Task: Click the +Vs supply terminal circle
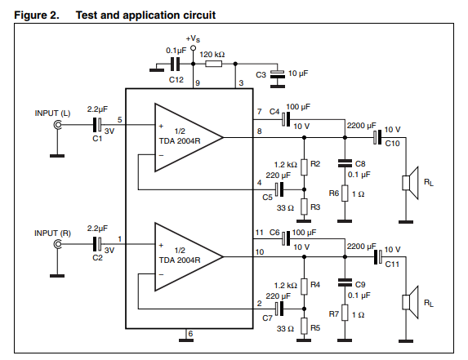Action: coord(193,47)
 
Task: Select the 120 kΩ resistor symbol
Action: coord(213,64)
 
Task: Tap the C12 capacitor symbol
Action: coord(176,64)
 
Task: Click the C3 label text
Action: coord(261,74)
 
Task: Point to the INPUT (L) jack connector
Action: coord(57,125)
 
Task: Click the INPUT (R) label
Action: coord(52,233)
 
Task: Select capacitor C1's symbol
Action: coord(97,125)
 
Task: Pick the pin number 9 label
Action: coord(198,83)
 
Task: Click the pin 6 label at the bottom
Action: coord(191,333)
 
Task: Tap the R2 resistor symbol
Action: coord(304,167)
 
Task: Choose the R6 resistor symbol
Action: coord(345,193)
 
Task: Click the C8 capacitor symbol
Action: coord(345,163)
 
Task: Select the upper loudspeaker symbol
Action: coord(410,183)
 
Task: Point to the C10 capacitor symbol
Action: coord(377,137)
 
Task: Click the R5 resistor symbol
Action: coord(304,326)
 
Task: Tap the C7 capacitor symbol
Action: coord(279,309)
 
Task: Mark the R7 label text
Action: coord(334,314)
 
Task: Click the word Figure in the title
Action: coord(32,16)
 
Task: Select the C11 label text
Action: coord(392,264)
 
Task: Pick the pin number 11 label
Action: coord(260,233)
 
